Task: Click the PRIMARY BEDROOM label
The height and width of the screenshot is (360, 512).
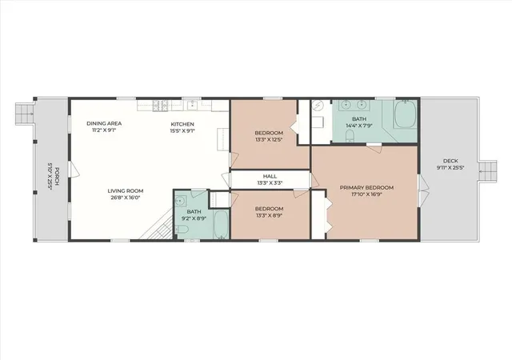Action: point(366,187)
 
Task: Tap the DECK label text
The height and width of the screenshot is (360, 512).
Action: point(450,161)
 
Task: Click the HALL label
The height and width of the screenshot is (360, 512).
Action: point(270,177)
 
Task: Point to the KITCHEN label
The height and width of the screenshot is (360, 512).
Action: point(182,124)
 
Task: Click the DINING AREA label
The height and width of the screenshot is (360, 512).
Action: point(104,123)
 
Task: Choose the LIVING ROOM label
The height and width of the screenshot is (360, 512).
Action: point(126,190)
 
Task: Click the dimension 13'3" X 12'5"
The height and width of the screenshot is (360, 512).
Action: point(269,139)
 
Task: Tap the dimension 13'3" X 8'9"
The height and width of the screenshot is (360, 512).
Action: point(269,215)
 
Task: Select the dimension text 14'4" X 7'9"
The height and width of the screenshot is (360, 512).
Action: point(359,126)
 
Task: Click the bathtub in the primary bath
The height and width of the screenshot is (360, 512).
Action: point(406,114)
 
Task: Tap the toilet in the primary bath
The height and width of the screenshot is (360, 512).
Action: point(350,135)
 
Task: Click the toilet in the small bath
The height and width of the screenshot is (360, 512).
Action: point(182,230)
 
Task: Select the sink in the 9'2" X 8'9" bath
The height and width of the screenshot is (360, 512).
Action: point(180,201)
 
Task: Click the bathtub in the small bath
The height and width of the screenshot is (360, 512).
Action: point(222,225)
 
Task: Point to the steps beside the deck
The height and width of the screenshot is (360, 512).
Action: point(488,171)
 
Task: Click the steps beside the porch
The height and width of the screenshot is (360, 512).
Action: point(25,114)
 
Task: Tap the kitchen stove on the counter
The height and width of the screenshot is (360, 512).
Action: point(160,106)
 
